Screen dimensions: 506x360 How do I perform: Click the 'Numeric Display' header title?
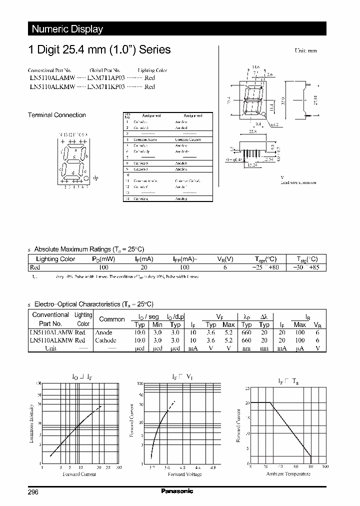[x=67, y=29]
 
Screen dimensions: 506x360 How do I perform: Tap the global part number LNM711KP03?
[x=106, y=86]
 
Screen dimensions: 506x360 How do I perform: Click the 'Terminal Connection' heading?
[x=56, y=115]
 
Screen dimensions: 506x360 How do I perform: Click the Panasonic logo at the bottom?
[x=177, y=491]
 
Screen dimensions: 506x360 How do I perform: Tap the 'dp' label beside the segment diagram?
[x=96, y=177]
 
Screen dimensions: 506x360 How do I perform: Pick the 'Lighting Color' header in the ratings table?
[x=55, y=259]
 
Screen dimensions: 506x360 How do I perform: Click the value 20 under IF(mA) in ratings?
[x=144, y=267]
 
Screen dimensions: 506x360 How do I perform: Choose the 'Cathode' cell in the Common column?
[x=105, y=340]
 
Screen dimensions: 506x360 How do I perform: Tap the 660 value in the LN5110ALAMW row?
[x=246, y=332]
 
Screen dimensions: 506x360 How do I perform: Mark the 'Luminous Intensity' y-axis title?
[x=31, y=424]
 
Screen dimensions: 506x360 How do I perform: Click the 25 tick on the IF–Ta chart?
[x=246, y=388]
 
